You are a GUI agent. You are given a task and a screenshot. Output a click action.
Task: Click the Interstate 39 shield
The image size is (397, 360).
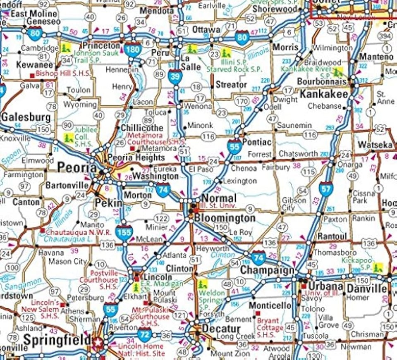click(x=175, y=77)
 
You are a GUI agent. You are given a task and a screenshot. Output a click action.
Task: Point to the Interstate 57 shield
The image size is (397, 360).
click(x=325, y=189)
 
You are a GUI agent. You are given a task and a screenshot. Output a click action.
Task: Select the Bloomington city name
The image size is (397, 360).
click(x=219, y=218)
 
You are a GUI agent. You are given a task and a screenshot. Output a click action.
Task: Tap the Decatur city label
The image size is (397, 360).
click(x=221, y=329)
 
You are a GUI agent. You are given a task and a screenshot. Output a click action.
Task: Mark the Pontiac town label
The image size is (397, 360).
click(x=257, y=142)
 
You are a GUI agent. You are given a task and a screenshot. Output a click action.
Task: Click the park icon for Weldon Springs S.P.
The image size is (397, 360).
click(x=202, y=284)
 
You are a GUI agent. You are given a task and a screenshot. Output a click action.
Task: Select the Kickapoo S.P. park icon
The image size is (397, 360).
click(x=377, y=267)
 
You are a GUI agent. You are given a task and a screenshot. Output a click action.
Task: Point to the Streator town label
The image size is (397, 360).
click(x=231, y=85)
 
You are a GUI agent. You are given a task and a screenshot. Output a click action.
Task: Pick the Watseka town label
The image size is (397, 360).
click(x=375, y=145)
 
